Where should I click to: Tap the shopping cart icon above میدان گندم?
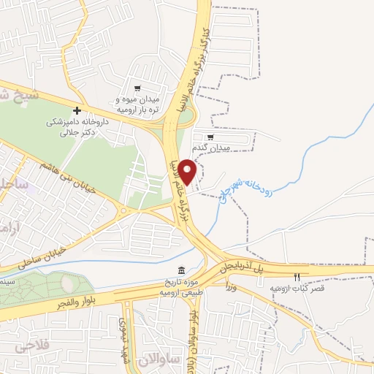click(x=210, y=137)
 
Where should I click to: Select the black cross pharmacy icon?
click(x=87, y=111)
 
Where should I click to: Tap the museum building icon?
click(x=180, y=270)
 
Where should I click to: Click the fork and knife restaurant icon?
click(x=297, y=278)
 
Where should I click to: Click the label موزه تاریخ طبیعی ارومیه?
click(x=180, y=287)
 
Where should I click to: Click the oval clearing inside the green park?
click(x=66, y=281)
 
